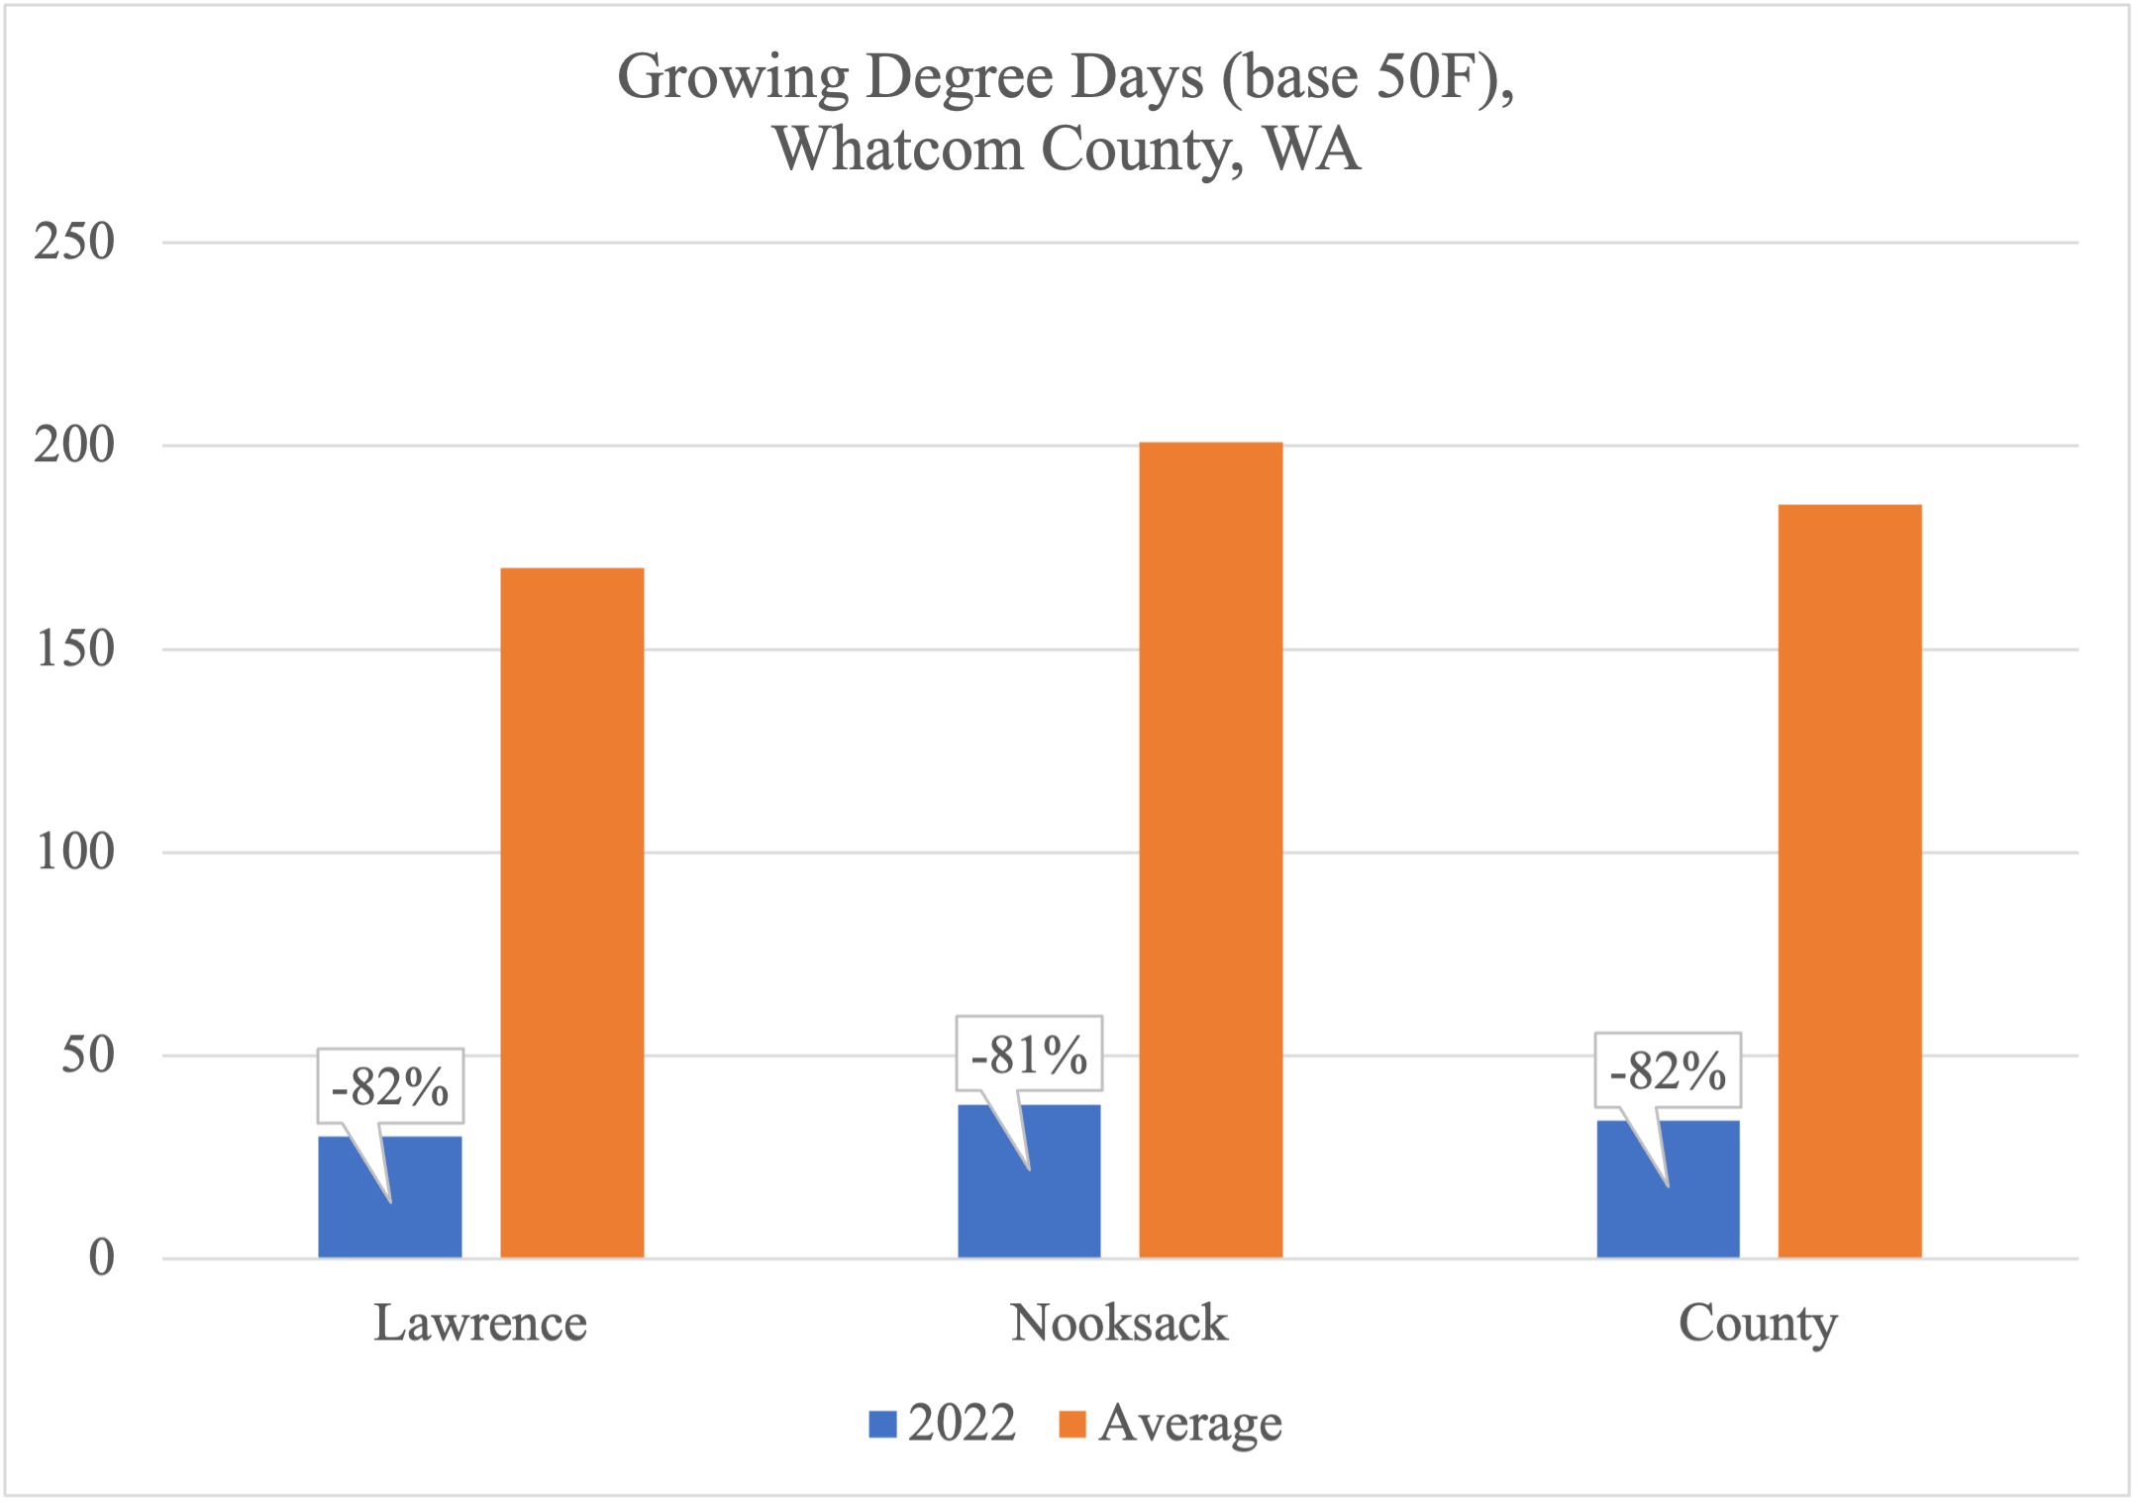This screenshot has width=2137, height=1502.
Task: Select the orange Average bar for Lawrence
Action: tap(571, 912)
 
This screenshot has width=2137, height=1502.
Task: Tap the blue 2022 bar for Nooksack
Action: tap(1060, 1188)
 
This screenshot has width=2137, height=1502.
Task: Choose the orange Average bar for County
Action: tap(1849, 880)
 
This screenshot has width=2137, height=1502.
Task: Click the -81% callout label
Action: tap(1029, 1053)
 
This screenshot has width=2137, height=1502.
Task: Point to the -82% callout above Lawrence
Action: tap(390, 1086)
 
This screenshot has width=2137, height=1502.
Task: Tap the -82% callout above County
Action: tap(1668, 1070)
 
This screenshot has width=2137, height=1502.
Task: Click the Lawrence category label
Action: tap(480, 1323)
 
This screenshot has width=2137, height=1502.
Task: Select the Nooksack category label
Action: tap(1119, 1323)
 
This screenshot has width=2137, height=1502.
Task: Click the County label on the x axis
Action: tap(1758, 1323)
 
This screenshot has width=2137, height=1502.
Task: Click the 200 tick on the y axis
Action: tap(74, 445)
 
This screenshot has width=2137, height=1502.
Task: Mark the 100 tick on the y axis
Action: tap(74, 851)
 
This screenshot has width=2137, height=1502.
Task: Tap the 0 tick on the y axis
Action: tap(101, 1257)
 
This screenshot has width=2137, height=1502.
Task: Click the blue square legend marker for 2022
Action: tap(882, 1424)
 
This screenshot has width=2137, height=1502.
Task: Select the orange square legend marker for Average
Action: tap(1072, 1424)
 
